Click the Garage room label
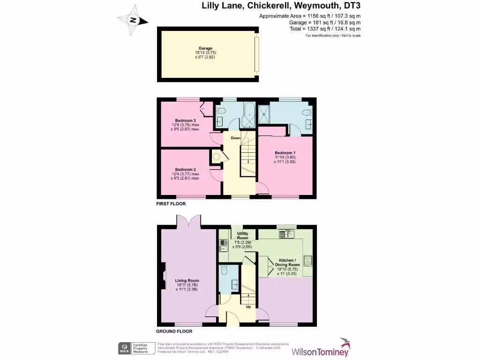205,48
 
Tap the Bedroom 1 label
285,153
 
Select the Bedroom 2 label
185,169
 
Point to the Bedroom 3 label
185,120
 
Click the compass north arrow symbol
134,20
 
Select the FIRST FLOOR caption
171,204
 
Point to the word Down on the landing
235,138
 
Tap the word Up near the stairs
248,307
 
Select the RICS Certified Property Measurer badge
134,348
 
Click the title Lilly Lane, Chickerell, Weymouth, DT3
281,6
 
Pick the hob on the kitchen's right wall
307,262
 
